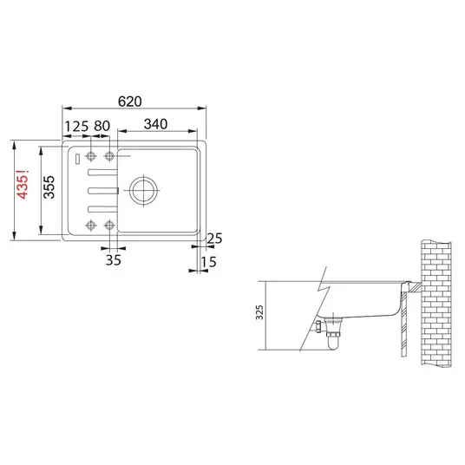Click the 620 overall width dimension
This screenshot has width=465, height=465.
point(129,102)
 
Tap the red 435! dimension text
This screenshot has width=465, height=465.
point(23,184)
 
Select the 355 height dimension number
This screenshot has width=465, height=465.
point(49,187)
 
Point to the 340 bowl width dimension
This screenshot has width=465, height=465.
point(155,124)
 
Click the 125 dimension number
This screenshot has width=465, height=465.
point(76,127)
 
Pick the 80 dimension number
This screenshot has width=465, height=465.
point(102,126)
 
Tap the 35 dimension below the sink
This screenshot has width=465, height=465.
point(114,260)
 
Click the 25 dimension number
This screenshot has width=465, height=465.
point(214,238)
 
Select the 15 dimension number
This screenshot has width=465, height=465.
point(208,262)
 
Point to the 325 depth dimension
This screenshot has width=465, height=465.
point(259,312)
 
